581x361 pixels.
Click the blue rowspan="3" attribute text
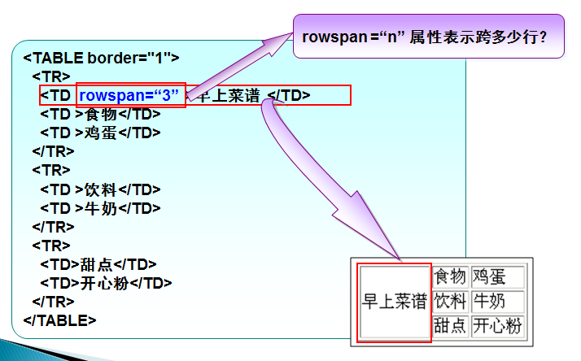[x=129, y=95]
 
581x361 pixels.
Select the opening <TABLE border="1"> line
[x=101, y=58]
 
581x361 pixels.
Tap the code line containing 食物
[x=100, y=114]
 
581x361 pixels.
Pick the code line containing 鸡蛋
[x=100, y=133]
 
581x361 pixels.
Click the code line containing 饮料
[x=100, y=189]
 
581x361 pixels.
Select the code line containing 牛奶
[x=100, y=208]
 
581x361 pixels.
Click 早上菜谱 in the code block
[x=229, y=95]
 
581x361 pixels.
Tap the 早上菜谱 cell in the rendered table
[x=395, y=302]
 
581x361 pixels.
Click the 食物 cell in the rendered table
[x=450, y=276]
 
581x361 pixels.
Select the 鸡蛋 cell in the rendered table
[x=497, y=276]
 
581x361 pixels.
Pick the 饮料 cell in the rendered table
[x=450, y=302]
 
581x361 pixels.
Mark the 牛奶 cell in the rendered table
[x=497, y=302]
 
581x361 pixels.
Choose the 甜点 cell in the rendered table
[x=450, y=326]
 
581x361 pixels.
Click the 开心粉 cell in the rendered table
[x=497, y=326]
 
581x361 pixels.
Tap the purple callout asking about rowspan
[x=428, y=36]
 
